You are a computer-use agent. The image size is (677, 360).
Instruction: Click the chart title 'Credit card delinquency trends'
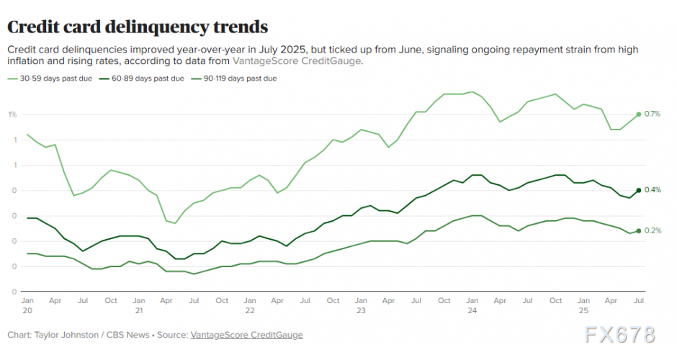[138, 27]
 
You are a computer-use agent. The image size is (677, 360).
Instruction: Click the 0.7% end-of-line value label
[653, 114]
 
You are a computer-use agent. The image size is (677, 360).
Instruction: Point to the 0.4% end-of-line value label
[653, 190]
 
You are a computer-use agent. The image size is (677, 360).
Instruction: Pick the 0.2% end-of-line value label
[653, 230]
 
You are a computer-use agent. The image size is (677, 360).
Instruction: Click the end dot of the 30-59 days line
[638, 114]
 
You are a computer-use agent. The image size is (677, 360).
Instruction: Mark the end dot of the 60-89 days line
[638, 190]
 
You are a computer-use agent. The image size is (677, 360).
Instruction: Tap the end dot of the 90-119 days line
[638, 230]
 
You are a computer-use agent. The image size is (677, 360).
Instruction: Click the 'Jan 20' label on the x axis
[27, 305]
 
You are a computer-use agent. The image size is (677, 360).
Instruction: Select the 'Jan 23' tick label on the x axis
[360, 305]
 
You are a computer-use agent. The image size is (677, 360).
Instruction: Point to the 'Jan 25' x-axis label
[583, 305]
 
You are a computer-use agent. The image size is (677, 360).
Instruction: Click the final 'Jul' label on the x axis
[638, 300]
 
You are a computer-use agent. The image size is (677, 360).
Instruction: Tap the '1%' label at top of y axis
[13, 114]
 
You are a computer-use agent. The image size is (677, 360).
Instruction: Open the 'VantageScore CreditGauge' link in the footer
[246, 335]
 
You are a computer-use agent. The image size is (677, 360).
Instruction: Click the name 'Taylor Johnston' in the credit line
[61, 335]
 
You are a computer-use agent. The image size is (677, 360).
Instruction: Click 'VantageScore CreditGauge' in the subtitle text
[297, 61]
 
